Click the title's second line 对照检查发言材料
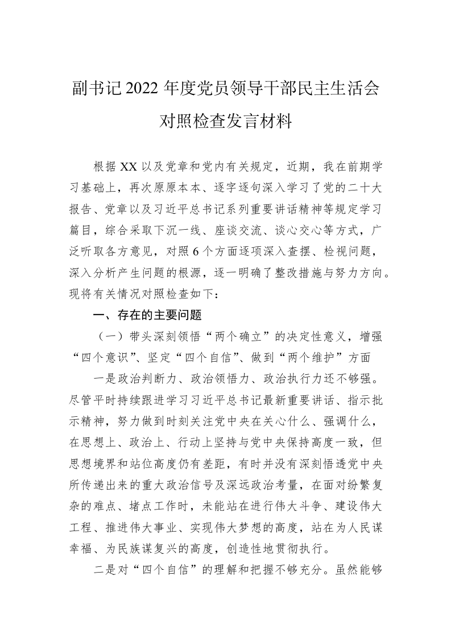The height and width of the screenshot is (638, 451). coord(225,121)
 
